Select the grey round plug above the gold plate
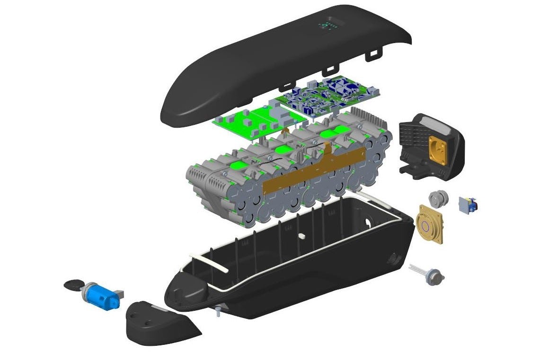(x=437, y=198)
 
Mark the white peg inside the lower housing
(x=301, y=235)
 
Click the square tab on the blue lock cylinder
(x=119, y=294)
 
